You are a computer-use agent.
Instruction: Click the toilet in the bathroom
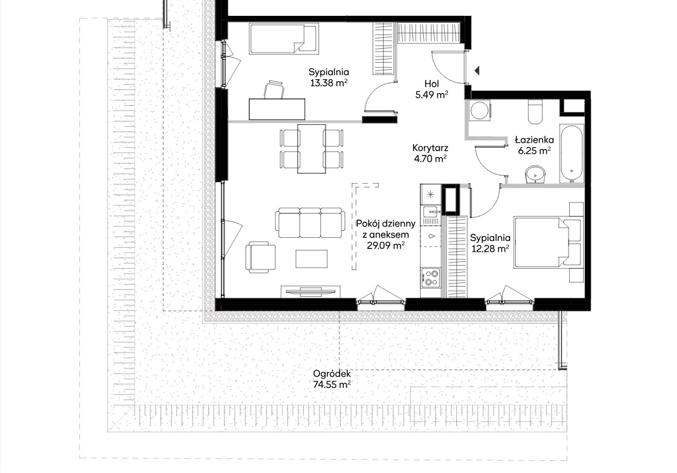pyautogui.click(x=535, y=112)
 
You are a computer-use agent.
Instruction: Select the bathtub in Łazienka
pyautogui.click(x=572, y=153)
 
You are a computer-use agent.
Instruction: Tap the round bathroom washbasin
pyautogui.click(x=536, y=175)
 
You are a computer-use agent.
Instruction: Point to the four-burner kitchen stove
pyautogui.click(x=430, y=278)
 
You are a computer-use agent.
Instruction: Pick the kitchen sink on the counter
pyautogui.click(x=430, y=212)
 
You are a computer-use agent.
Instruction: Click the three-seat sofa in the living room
pyautogui.click(x=310, y=223)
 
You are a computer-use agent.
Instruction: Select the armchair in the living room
pyautogui.click(x=261, y=257)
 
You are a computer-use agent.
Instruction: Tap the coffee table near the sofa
pyautogui.click(x=312, y=259)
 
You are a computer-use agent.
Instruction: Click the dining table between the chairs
pyautogui.click(x=312, y=148)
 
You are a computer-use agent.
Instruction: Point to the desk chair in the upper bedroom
pyautogui.click(x=274, y=90)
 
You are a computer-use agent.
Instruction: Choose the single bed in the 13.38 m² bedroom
pyautogui.click(x=284, y=39)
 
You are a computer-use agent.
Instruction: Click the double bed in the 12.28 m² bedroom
pyautogui.click(x=547, y=243)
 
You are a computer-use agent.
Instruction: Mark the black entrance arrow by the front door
pyautogui.click(x=477, y=70)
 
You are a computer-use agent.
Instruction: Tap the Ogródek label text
pyautogui.click(x=332, y=374)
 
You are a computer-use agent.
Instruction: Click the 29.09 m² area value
pyautogui.click(x=386, y=245)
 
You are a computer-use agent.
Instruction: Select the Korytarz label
pyautogui.click(x=430, y=148)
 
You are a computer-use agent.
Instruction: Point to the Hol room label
pyautogui.click(x=431, y=84)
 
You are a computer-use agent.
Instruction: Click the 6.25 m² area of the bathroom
pyautogui.click(x=534, y=151)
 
